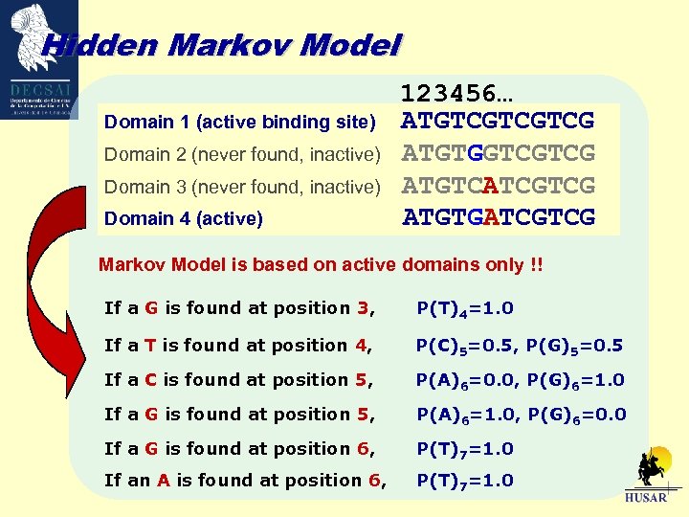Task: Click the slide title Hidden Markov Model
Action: pyautogui.click(x=221, y=44)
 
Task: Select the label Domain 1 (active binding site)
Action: pyautogui.click(x=239, y=122)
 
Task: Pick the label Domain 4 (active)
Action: pyautogui.click(x=183, y=218)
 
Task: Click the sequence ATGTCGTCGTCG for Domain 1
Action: pyautogui.click(x=499, y=122)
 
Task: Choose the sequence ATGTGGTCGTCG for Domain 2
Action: pyautogui.click(x=499, y=153)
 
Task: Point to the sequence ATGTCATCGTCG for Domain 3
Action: pyautogui.click(x=499, y=185)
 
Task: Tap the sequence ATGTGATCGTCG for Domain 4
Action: pyautogui.click(x=499, y=217)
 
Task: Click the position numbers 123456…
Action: pyautogui.click(x=456, y=94)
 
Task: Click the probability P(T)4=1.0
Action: pyautogui.click(x=465, y=308)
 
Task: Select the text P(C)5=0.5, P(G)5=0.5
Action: pyautogui.click(x=520, y=346)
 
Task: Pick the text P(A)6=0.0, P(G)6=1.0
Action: pyautogui.click(x=521, y=380)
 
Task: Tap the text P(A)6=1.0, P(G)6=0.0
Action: pyautogui.click(x=521, y=415)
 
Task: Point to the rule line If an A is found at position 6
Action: pyautogui.click(x=245, y=481)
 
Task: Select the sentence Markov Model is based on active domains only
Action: pyautogui.click(x=321, y=265)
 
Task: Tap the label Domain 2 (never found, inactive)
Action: pyautogui.click(x=242, y=154)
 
